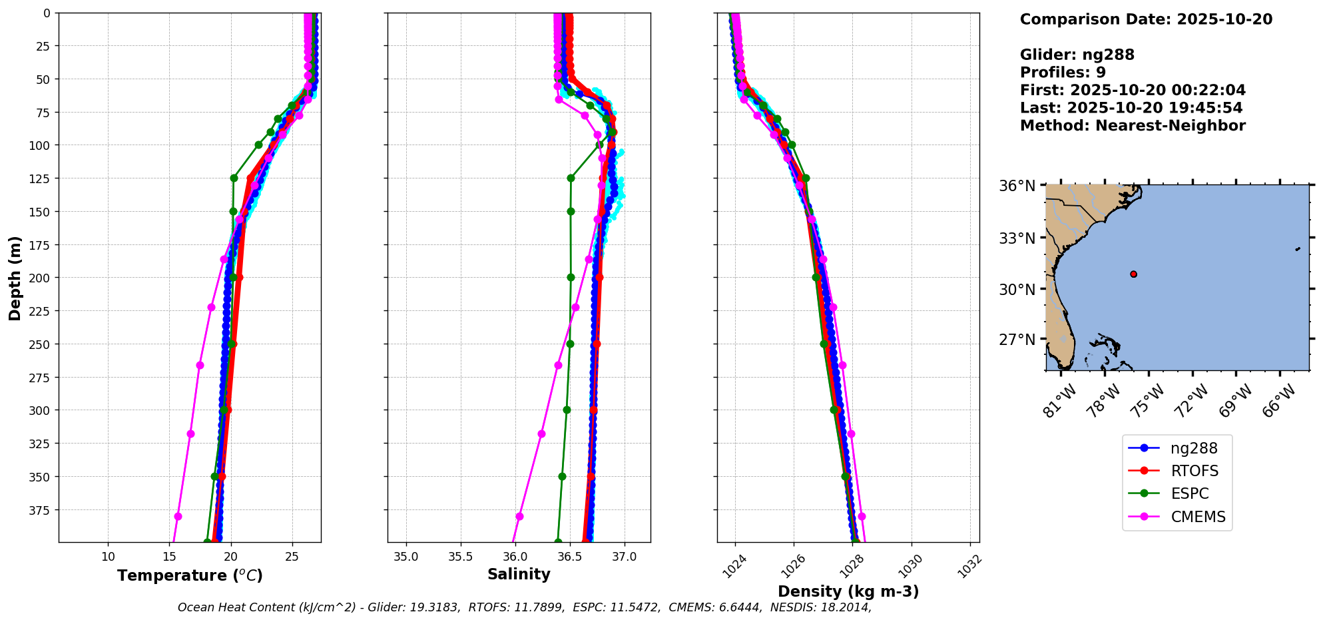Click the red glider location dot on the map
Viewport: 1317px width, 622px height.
[1133, 274]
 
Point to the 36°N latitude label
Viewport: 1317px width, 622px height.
[1017, 186]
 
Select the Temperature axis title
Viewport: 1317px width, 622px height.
[190, 575]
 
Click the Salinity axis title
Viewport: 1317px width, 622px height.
[519, 574]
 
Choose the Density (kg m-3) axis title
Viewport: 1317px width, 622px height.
[848, 591]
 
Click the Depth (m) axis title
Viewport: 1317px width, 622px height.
[15, 278]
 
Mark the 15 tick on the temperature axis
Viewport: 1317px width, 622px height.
[169, 557]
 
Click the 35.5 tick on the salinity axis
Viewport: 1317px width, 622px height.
[460, 557]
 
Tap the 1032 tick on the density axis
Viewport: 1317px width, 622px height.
[971, 566]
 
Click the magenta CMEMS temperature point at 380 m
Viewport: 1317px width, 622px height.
[178, 516]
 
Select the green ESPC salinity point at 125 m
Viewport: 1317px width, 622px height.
[571, 178]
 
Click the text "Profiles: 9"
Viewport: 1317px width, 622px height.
[1063, 73]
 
